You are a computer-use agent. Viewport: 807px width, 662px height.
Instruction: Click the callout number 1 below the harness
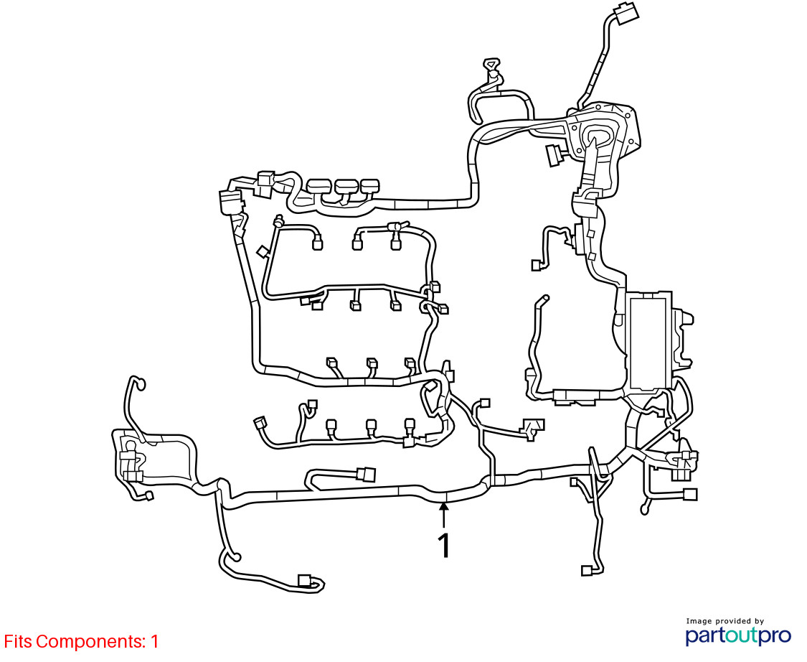[x=444, y=545]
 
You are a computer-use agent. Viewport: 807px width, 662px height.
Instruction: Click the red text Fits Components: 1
[x=81, y=641]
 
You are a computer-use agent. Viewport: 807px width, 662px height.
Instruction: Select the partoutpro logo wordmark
[x=738, y=635]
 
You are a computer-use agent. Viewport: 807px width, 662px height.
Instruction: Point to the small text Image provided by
[x=725, y=621]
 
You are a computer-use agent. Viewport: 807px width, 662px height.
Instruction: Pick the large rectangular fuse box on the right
[x=649, y=342]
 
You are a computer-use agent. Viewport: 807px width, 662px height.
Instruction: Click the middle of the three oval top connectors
[x=346, y=186]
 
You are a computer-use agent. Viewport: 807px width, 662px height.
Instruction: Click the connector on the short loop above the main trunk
[x=366, y=474]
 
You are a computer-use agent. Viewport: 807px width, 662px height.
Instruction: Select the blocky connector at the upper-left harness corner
[x=231, y=201]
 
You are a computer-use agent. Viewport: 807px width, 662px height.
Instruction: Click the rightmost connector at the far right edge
[x=690, y=494]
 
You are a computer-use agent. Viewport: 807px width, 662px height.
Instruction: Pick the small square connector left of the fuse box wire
[x=536, y=266]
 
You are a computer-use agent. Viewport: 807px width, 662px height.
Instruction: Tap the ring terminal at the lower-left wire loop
[x=234, y=556]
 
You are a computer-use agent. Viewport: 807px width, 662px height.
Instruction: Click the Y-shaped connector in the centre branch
[x=532, y=429]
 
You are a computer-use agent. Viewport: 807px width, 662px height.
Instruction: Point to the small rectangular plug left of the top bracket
[x=552, y=155]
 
